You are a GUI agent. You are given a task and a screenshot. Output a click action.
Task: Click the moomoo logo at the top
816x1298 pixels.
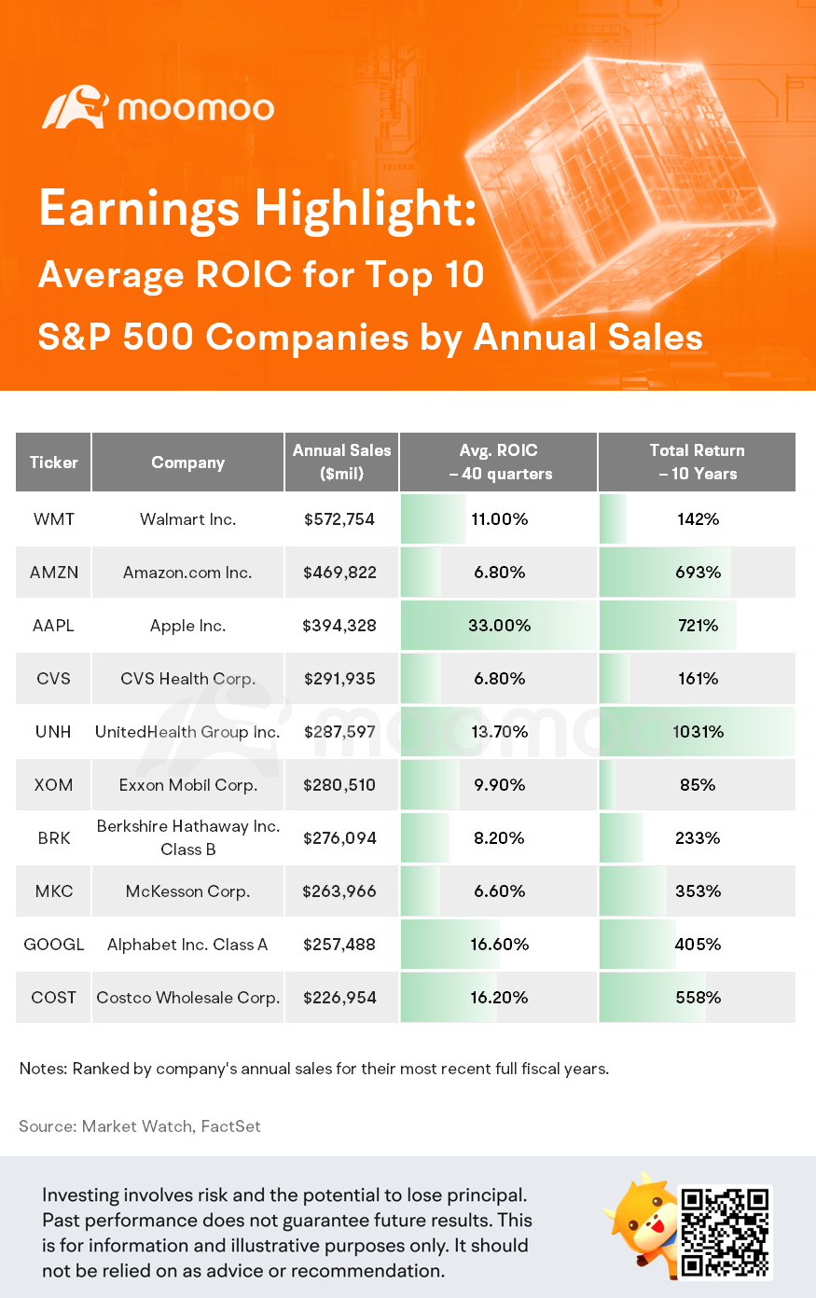pos(159,108)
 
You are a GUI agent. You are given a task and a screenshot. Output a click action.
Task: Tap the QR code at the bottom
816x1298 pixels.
pos(725,1232)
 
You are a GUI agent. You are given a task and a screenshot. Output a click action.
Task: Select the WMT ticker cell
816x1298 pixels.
pos(53,519)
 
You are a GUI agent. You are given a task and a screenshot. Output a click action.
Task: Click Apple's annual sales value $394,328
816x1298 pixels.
pos(339,626)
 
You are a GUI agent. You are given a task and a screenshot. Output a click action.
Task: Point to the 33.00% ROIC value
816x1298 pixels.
pos(499,626)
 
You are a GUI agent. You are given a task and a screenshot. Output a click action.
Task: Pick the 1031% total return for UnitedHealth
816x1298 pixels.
pos(698,732)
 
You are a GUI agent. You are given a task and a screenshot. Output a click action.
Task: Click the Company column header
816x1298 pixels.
pos(187,463)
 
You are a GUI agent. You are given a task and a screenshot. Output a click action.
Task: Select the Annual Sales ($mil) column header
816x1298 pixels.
pos(341,462)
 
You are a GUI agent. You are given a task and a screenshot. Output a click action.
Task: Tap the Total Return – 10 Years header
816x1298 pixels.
pos(697,462)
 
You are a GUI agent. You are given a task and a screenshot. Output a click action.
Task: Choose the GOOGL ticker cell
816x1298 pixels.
pos(53,945)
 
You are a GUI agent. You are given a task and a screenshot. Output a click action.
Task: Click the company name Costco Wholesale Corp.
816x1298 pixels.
pos(187,998)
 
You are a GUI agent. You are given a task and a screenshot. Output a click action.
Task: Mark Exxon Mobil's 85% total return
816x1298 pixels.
pos(698,785)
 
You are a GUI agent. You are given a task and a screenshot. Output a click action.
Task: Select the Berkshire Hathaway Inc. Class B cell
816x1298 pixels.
pos(187,837)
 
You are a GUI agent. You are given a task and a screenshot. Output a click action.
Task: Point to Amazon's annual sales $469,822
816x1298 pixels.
pos(339,573)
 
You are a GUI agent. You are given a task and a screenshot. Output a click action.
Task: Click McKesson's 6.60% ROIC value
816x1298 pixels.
pos(499,891)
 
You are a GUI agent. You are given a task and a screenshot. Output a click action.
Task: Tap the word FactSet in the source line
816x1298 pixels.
pos(230,1126)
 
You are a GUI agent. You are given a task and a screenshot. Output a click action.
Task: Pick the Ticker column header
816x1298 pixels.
pos(53,463)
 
